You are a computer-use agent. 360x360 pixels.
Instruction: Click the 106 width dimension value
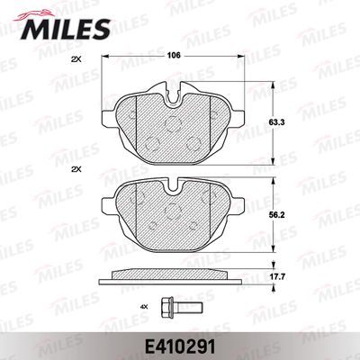pyautogui.click(x=174, y=56)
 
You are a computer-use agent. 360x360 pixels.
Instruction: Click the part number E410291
pyautogui.click(x=180, y=348)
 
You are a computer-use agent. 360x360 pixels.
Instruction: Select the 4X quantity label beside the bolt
pyautogui.click(x=145, y=307)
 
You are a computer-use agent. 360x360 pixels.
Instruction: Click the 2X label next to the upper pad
pyautogui.click(x=76, y=59)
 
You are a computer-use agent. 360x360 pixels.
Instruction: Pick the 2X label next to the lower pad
pyautogui.click(x=76, y=169)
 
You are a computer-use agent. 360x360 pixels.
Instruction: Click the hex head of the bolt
pyautogui.click(x=167, y=307)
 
